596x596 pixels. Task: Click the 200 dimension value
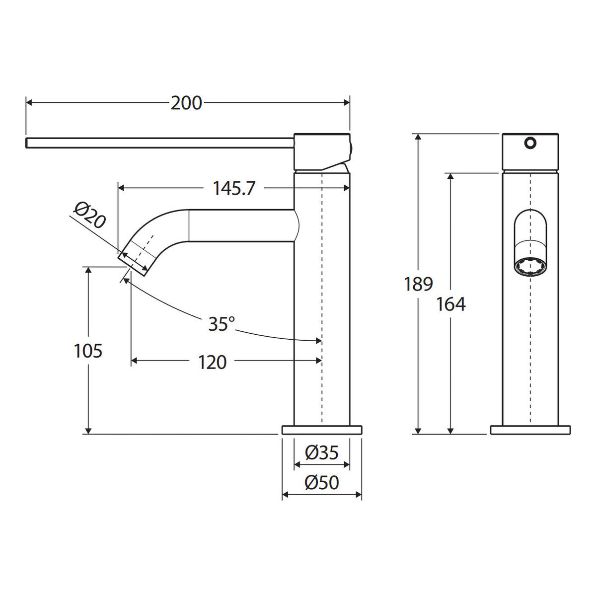coord(186,103)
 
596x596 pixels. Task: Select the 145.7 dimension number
coord(234,188)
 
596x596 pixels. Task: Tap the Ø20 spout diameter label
coord(90,215)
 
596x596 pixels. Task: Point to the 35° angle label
coord(222,323)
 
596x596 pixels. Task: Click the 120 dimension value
coord(212,362)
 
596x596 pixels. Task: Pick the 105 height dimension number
coord(88,351)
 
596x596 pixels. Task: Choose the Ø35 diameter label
coord(322,453)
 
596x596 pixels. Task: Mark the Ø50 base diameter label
coord(322,482)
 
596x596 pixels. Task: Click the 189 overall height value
coord(419,284)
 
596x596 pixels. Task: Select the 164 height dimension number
coord(450,304)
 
